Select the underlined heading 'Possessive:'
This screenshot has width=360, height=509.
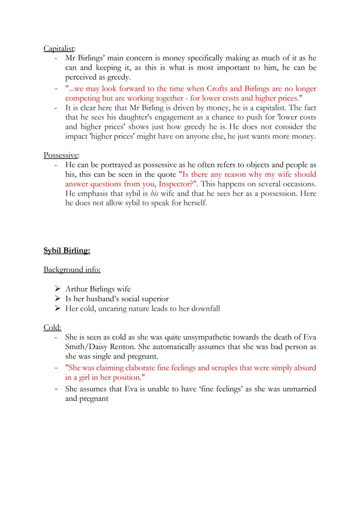point(61,155)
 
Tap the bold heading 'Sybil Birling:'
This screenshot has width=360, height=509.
point(67,251)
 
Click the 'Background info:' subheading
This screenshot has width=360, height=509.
point(72,270)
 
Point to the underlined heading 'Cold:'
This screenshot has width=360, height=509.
point(52,328)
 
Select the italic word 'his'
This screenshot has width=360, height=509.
point(154,194)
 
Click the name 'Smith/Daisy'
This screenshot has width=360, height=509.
point(86,347)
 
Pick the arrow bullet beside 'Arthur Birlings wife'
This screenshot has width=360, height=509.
point(58,289)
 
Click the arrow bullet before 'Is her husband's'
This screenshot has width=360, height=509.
point(58,298)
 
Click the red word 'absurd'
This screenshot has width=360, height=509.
point(304,368)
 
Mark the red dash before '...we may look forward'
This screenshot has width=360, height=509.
point(56,89)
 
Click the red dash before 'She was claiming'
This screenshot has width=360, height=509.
point(56,368)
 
